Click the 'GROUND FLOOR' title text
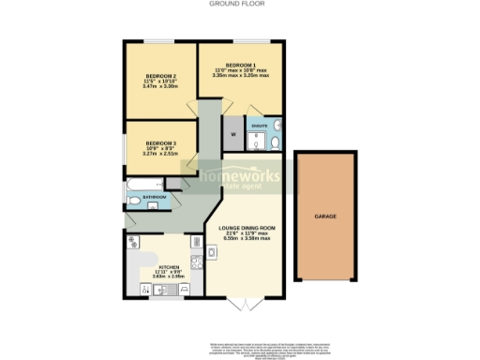240,5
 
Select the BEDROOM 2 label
161,75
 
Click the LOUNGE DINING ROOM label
247,228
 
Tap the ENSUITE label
260,124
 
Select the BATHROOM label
153,198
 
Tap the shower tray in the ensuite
254,141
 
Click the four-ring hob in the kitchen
197,263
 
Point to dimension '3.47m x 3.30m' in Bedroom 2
161,86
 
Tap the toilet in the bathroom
133,202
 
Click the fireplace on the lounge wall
212,251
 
